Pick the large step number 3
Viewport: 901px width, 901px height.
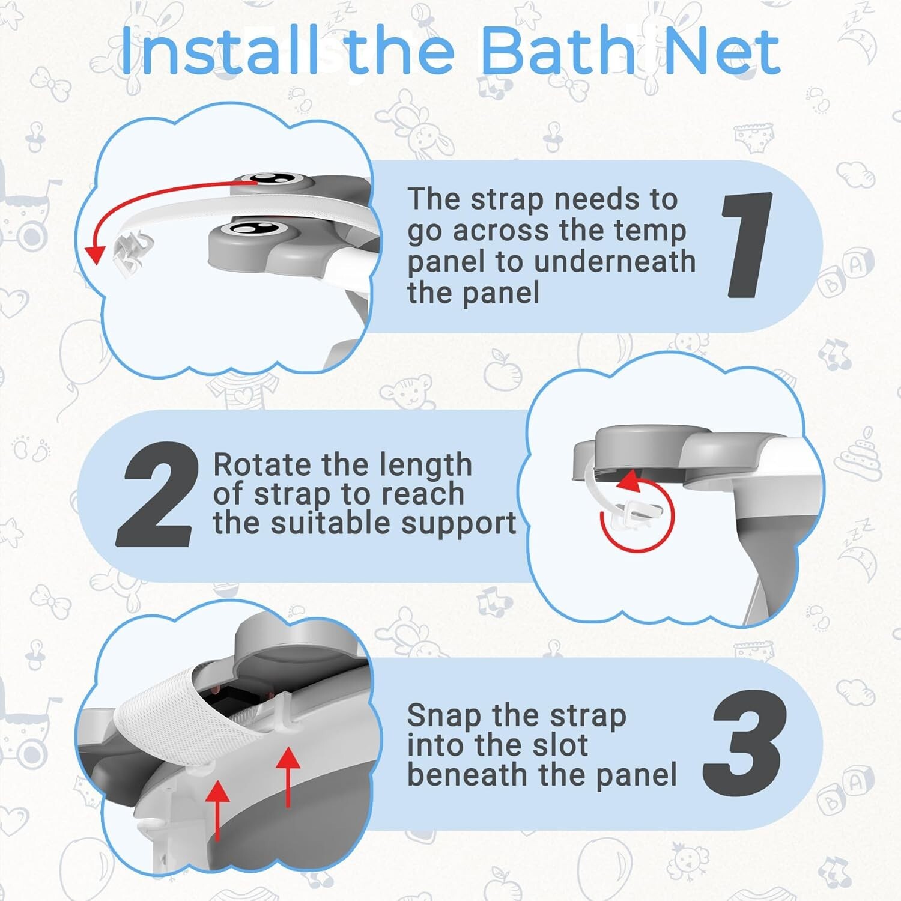coord(745,744)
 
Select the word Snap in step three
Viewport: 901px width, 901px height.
coord(443,715)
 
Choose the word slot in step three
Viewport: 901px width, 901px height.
coord(563,745)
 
